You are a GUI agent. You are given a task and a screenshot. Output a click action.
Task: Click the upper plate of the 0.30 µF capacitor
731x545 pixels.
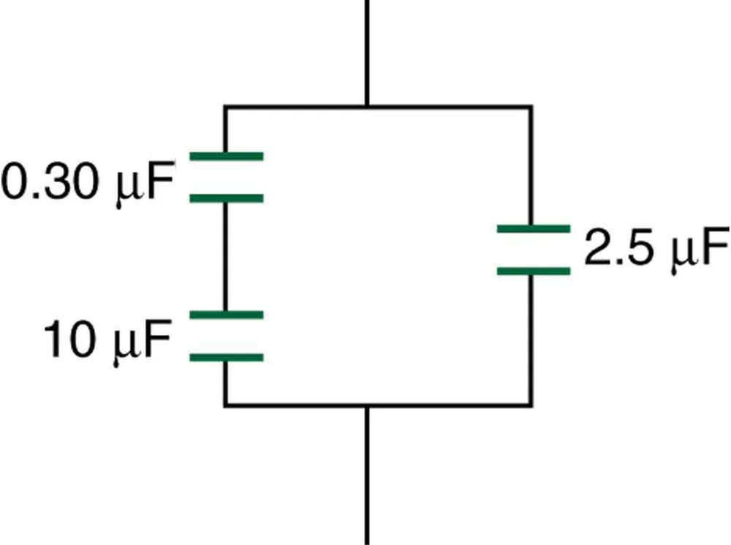(226, 156)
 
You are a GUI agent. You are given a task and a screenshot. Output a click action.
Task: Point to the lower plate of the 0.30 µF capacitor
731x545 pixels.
(226, 198)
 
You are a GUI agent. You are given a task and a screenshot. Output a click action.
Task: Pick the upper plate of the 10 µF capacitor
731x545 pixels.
(226, 315)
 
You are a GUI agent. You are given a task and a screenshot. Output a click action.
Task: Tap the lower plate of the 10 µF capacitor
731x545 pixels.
(226, 358)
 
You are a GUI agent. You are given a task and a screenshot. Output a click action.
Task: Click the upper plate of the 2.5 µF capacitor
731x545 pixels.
(533, 228)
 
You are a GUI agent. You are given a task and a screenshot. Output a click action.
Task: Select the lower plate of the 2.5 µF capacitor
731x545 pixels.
(533, 271)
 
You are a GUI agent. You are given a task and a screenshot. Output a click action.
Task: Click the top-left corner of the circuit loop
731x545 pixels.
(225, 108)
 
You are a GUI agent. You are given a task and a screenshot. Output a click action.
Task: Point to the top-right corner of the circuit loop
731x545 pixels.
(531, 108)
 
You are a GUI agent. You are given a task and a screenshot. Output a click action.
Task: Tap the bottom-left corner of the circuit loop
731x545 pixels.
(225, 404)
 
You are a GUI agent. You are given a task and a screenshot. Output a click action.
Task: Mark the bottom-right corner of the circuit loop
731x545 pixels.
(531, 404)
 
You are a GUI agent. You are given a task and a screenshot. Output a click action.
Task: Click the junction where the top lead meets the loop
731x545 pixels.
(366, 108)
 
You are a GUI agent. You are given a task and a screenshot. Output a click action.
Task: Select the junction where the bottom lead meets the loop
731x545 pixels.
(366, 404)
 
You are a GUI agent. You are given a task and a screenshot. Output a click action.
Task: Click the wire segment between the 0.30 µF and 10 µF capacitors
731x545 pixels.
(225, 256)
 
